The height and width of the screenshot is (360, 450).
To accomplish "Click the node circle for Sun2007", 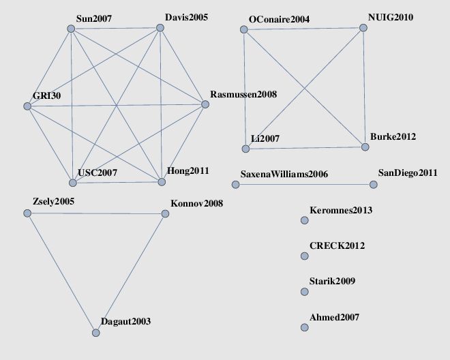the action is [x=71, y=29].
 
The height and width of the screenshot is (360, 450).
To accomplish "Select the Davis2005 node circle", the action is [x=160, y=27].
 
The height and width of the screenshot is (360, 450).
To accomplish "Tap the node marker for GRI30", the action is [x=27, y=106].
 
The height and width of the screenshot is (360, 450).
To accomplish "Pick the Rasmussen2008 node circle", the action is [x=205, y=104].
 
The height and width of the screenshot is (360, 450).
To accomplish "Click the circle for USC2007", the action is [x=73, y=183].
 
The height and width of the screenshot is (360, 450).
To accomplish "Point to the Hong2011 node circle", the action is [x=162, y=182].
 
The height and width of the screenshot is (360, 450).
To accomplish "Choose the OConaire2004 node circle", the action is [x=243, y=29].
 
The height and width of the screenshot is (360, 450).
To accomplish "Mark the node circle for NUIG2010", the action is [x=363, y=28].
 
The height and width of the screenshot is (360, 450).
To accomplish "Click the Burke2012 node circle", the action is [x=365, y=147].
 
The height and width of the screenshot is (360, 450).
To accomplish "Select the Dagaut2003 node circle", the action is [x=96, y=333].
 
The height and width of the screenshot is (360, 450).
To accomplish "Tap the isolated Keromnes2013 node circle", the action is [x=305, y=220].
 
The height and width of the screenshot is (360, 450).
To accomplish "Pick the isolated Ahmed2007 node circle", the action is [x=305, y=327].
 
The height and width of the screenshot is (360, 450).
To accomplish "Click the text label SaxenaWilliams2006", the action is [x=284, y=175].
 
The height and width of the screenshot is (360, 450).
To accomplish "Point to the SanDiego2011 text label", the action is [x=408, y=172].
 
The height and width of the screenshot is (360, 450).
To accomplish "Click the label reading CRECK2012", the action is [x=337, y=245].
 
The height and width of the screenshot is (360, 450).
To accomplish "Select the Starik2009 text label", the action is [x=332, y=281].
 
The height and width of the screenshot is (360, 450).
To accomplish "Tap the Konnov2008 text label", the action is [x=197, y=204].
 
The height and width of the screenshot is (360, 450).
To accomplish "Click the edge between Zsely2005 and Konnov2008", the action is [x=96, y=213].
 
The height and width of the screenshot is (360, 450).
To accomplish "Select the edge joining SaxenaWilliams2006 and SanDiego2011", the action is [x=305, y=184].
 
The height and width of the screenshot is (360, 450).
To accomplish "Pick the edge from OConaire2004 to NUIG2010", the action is [x=303, y=29].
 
